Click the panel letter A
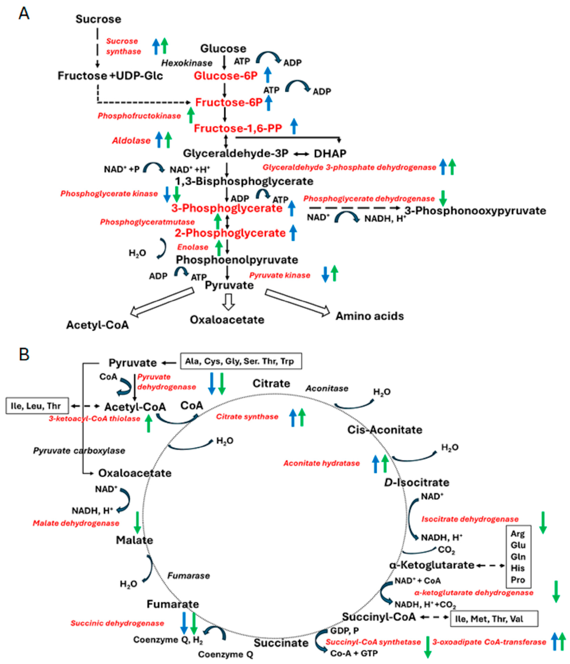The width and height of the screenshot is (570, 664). tap(24, 13)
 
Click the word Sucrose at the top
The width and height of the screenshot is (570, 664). tap(98, 19)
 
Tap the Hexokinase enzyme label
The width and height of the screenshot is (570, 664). tap(187, 63)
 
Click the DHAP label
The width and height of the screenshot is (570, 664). tap(330, 154)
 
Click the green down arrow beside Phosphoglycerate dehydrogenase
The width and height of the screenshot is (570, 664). tap(443, 198)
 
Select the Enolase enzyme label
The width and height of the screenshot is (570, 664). tap(193, 247)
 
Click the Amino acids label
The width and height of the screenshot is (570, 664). tap(370, 316)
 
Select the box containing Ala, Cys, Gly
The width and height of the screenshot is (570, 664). tap(241, 361)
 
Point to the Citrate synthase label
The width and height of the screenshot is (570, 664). tap(247, 417)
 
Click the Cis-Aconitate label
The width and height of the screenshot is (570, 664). tap(385, 430)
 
